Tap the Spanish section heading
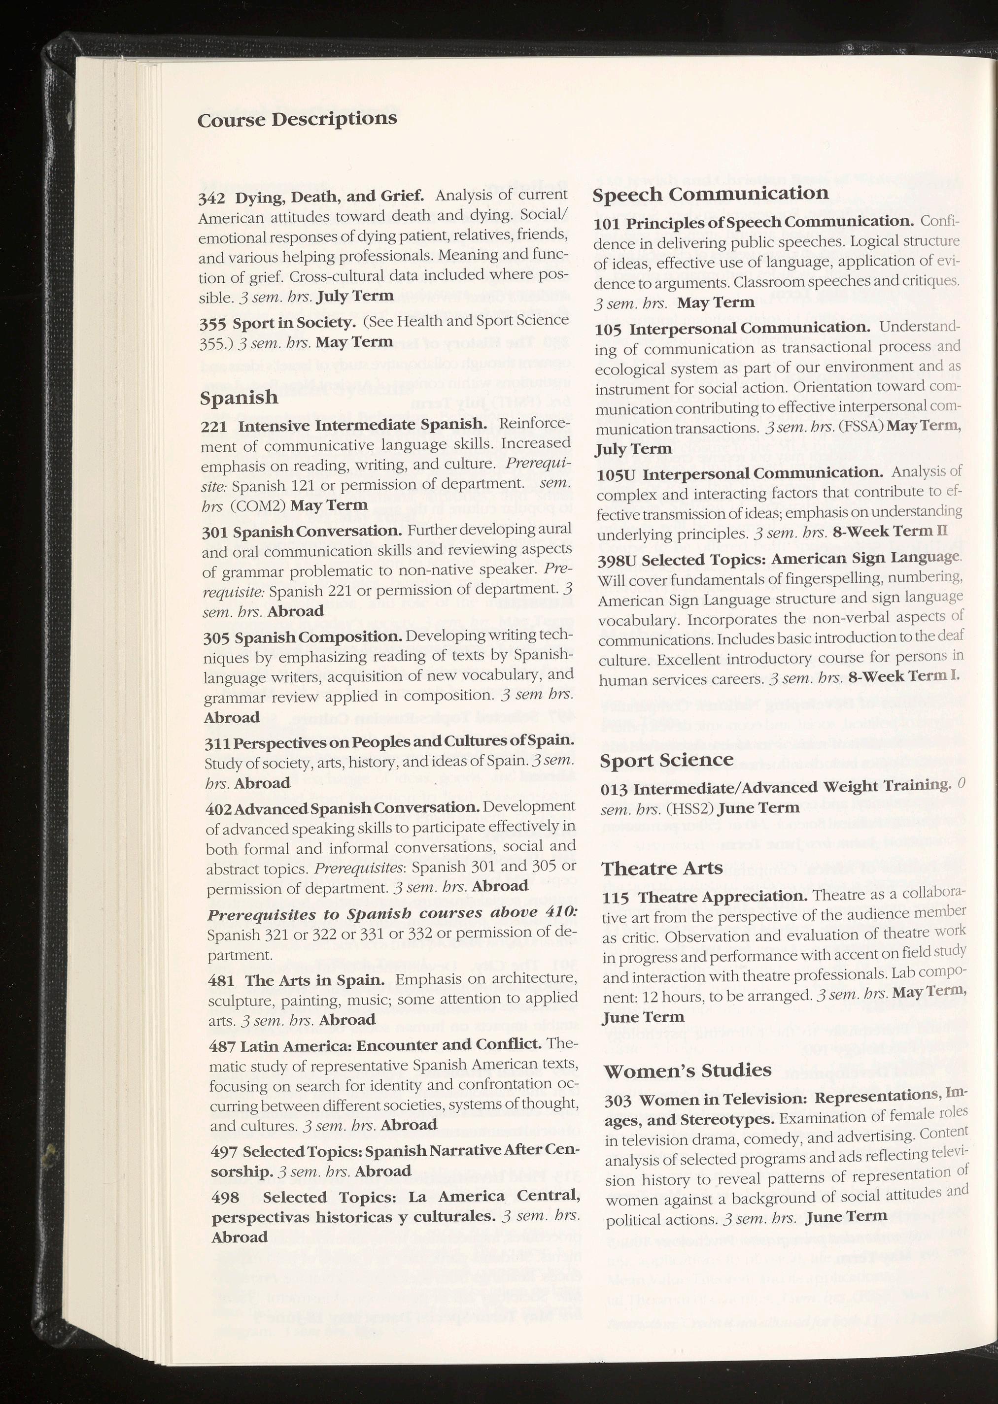pos(239,398)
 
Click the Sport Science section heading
pos(666,760)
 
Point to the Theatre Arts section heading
pos(662,868)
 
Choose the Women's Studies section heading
pos(688,1070)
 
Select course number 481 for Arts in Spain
pos(221,981)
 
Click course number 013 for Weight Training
pos(614,789)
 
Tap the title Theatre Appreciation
pos(722,897)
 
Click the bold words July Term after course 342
pos(354,296)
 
